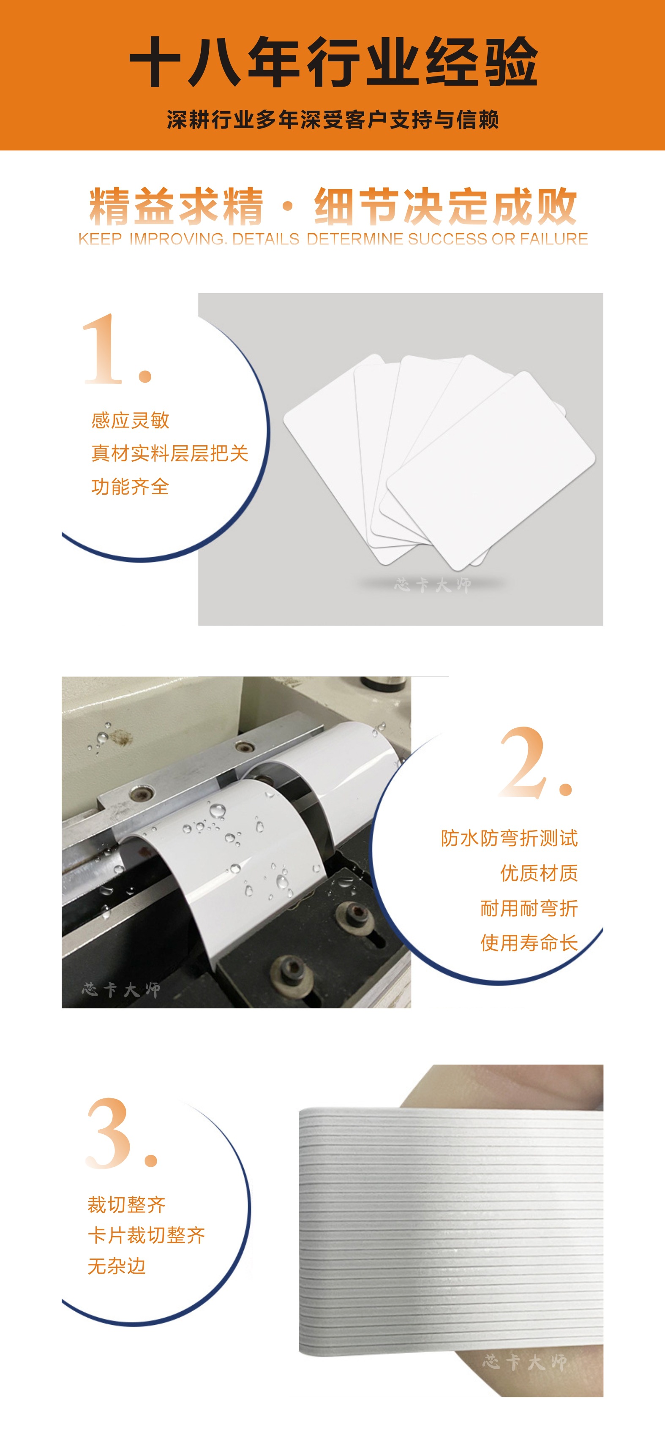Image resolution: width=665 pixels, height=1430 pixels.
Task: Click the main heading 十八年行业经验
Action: point(333,62)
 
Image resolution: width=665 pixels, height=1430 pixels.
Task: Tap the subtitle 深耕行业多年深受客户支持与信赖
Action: point(333,120)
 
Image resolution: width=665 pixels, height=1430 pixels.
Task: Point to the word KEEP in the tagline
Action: point(100,239)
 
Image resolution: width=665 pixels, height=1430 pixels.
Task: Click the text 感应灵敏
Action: point(131,420)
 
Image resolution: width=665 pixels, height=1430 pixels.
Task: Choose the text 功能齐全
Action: point(131,486)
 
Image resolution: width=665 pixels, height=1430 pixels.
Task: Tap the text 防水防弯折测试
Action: point(509,838)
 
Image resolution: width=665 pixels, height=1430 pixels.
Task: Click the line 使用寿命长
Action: point(529,942)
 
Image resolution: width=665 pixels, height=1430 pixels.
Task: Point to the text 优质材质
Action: point(538,873)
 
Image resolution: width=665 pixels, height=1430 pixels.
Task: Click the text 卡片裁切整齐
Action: point(147,1235)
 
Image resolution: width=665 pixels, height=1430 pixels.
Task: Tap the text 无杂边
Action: point(117,1266)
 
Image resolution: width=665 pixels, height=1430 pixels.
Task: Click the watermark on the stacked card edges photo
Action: point(525,1362)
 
